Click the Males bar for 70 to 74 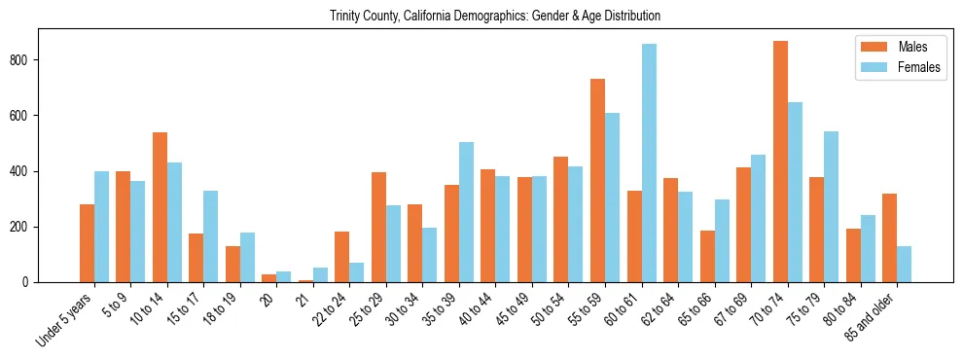780,162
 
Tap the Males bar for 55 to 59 597,181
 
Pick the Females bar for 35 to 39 466,212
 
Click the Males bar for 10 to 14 160,207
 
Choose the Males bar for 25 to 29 378,228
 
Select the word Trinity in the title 345,17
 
